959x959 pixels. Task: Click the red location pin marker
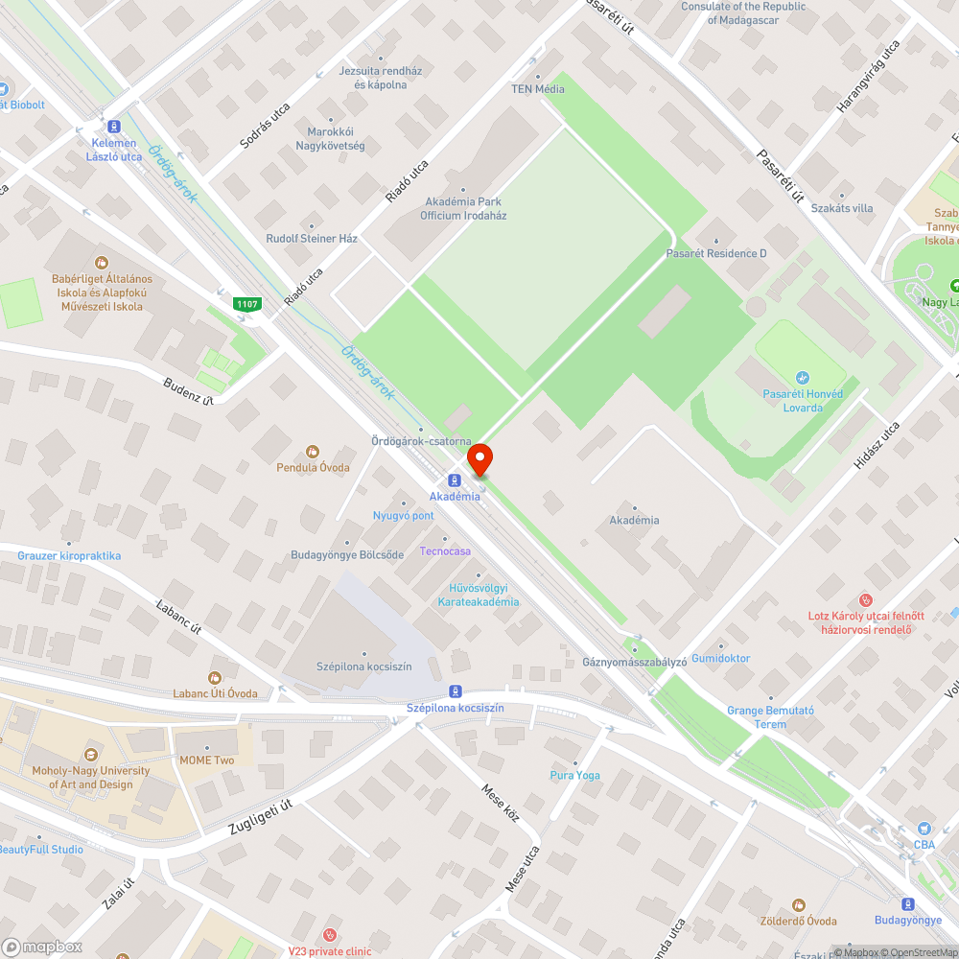479,458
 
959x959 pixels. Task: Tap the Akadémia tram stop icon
455,480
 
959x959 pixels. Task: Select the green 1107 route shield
246,304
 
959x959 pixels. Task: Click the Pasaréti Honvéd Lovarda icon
803,378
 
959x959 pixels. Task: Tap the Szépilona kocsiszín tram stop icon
455,691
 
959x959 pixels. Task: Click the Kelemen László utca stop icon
114,126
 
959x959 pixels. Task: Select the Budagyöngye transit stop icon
907,903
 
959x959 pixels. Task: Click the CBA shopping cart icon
924,829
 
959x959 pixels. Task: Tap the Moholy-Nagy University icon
92,754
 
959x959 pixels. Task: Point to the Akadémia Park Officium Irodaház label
463,209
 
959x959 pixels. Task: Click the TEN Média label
537,89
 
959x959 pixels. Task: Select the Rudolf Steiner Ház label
312,238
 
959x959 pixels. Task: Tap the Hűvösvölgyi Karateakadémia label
479,595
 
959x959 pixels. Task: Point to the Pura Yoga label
575,775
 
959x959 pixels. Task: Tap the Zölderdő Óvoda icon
798,904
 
